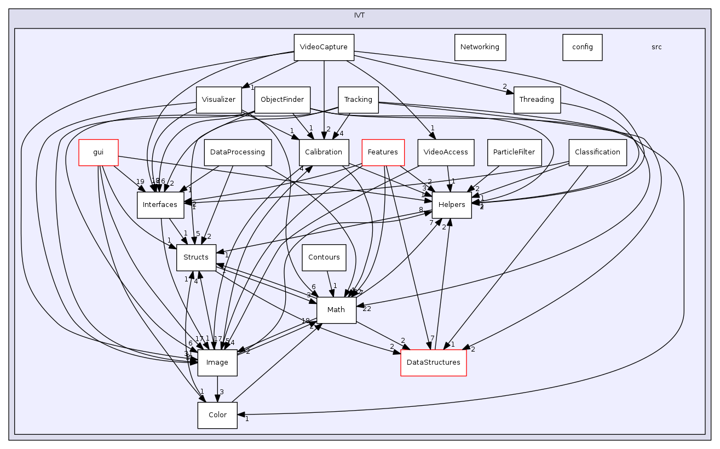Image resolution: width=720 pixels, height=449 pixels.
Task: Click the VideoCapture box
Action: [324, 47]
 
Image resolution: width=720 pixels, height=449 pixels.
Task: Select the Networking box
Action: [480, 47]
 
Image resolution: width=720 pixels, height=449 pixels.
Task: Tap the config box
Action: [582, 47]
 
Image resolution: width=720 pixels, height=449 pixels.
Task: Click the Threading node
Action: [537, 100]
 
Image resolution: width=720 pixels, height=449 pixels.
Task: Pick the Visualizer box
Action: [219, 100]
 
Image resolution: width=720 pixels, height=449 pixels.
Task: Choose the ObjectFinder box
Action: [283, 100]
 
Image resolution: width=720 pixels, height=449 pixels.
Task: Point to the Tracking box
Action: [358, 100]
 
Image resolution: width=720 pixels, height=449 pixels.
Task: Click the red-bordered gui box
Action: [99, 152]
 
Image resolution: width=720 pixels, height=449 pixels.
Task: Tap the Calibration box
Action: [323, 152]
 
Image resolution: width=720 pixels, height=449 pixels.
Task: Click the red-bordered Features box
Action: [383, 152]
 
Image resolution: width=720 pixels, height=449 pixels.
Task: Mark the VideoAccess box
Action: [446, 152]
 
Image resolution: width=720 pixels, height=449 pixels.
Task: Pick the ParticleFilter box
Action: [514, 152]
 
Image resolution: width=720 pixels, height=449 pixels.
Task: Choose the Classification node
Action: [597, 152]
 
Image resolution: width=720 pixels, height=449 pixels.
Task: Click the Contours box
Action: [324, 257]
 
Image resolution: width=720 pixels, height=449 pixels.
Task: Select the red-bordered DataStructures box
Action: [434, 362]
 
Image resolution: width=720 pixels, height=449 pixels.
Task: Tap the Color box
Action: [217, 415]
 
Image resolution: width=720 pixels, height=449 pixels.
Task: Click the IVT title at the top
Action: [360, 15]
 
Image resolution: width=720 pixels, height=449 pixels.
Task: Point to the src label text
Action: [656, 47]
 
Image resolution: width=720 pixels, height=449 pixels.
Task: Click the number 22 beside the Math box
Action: [367, 309]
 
